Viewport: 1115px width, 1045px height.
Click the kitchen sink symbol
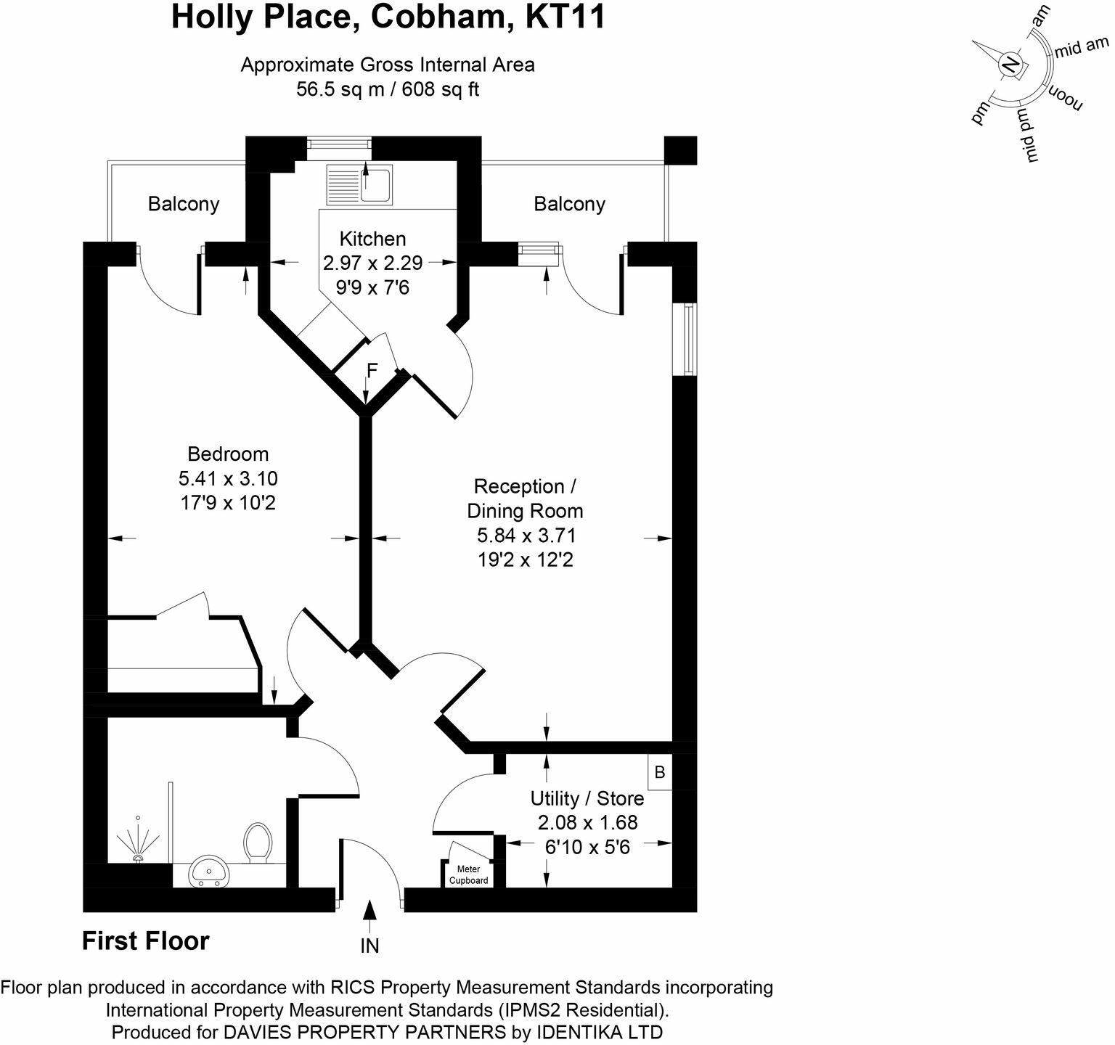click(x=359, y=184)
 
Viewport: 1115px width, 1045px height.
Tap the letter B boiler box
click(x=660, y=772)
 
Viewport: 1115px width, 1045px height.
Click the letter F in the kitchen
click(x=372, y=372)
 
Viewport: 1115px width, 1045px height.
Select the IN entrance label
click(x=369, y=946)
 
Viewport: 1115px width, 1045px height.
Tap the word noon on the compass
click(x=1063, y=98)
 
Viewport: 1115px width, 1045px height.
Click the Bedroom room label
click(x=228, y=454)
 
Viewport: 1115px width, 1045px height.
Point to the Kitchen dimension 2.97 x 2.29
click(x=373, y=263)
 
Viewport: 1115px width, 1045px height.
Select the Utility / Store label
click(x=587, y=798)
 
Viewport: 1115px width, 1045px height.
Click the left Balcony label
click(x=184, y=204)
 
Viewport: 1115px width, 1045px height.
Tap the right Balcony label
click(x=569, y=204)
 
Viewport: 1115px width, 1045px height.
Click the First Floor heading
click(x=145, y=940)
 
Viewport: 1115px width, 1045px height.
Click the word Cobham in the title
click(x=435, y=17)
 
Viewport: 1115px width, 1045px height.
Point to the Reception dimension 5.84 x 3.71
click(x=526, y=536)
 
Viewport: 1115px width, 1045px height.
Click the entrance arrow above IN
click(x=369, y=916)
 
